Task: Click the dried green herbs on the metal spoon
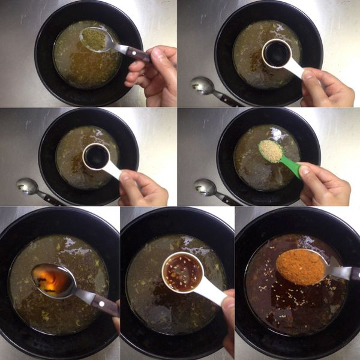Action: point(94,39)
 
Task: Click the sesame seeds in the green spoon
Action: point(271,151)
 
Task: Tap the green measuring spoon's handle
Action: point(292,167)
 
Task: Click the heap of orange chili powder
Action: point(301,266)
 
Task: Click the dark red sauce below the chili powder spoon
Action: point(294,306)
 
